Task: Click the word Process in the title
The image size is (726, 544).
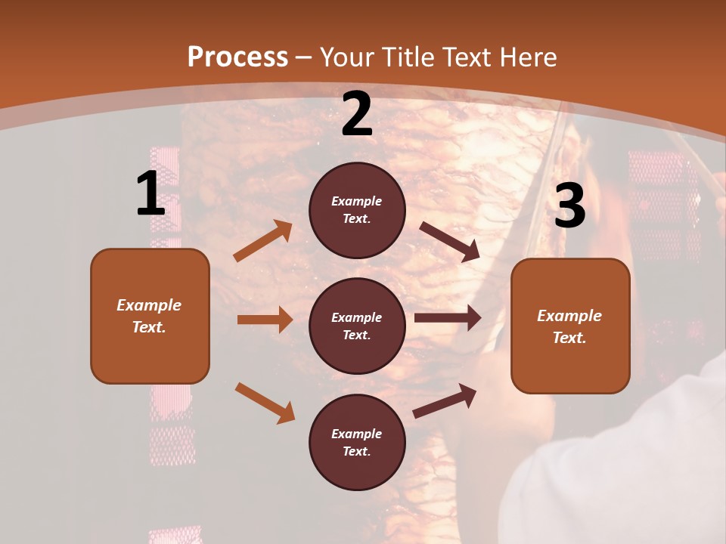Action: [x=237, y=57]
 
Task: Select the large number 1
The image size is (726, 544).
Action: [x=150, y=194]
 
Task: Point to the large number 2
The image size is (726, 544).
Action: [x=357, y=115]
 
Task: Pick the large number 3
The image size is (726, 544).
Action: [x=569, y=206]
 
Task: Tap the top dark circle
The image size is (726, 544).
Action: [x=357, y=210]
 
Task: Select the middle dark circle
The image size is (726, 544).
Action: [x=357, y=326]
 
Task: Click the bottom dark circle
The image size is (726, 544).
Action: [x=357, y=443]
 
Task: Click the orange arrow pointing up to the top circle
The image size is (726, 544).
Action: [x=263, y=241]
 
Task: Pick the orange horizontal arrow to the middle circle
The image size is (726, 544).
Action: [x=265, y=320]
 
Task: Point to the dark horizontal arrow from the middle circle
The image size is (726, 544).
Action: [x=448, y=318]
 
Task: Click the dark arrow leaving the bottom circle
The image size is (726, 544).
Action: [x=445, y=400]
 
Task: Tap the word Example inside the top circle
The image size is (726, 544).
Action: [x=357, y=202]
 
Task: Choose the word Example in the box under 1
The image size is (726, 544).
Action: [x=149, y=305]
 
